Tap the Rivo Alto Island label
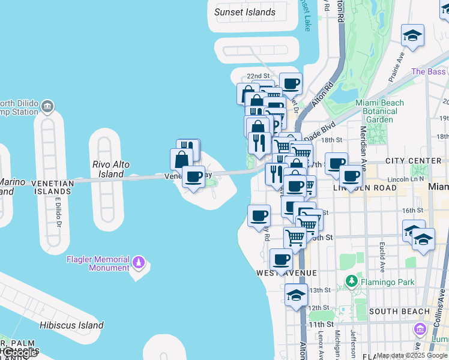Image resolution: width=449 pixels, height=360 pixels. [x=111, y=169]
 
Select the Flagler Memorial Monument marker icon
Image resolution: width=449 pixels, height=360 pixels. [x=139, y=262]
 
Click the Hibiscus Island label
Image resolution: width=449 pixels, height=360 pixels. [x=71, y=325]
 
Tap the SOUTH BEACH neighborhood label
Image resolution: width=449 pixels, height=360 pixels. [x=399, y=311]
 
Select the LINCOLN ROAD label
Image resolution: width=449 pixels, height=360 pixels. [x=365, y=188]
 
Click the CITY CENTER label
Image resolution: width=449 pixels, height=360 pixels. [x=413, y=161]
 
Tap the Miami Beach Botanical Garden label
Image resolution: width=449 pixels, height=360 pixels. [x=379, y=111]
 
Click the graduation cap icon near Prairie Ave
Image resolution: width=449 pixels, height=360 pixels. [x=412, y=35]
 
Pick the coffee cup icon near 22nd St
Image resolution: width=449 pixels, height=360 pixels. [x=291, y=83]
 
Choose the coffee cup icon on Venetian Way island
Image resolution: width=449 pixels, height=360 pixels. [x=193, y=177]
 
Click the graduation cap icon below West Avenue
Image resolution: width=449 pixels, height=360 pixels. [x=296, y=295]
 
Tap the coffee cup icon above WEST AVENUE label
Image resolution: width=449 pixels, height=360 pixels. [x=280, y=260]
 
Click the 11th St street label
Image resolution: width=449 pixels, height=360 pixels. [x=317, y=325]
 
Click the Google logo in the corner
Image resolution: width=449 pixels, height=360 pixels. [x=20, y=353]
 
